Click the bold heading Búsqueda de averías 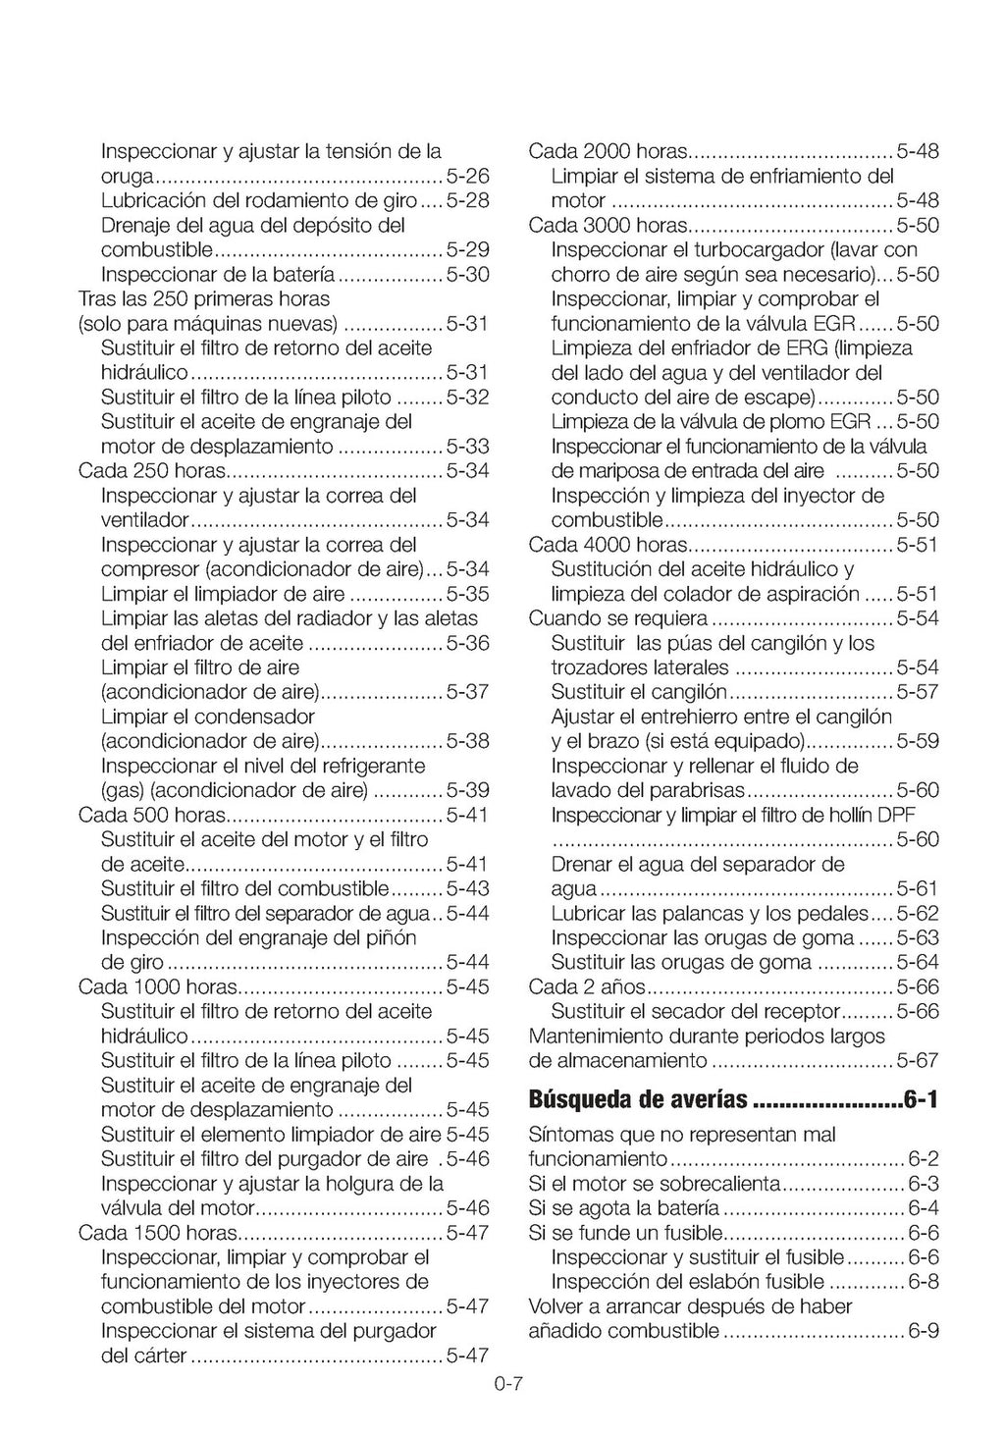pos(638,1099)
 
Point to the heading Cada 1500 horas pos(157,1233)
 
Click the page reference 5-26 pos(467,177)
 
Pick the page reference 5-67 pos(918,1061)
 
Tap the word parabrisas pos(699,791)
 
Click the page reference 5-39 pos(467,791)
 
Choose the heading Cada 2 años pos(587,987)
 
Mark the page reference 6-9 pos(924,1332)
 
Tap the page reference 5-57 pos(918,693)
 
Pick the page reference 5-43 pos(467,889)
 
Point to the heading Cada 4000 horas pos(608,545)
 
